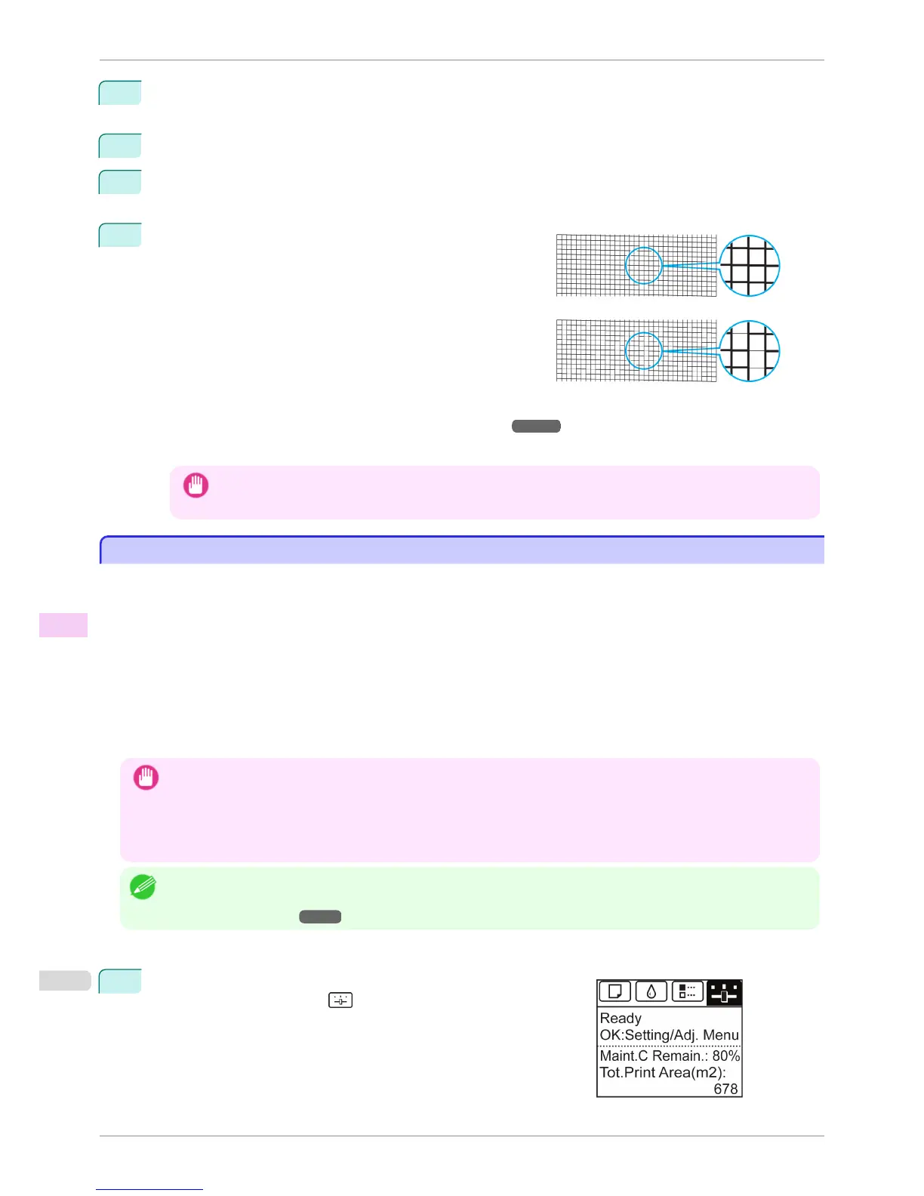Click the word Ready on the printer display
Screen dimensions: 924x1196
coord(621,1018)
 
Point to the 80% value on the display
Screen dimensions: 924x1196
coord(725,1056)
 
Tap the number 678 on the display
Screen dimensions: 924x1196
coord(725,1089)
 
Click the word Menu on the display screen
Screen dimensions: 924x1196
coord(721,1035)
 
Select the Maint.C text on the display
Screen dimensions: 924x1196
coord(624,1056)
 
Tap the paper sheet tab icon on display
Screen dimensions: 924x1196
coord(614,991)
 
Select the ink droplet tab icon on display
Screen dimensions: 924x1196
coord(651,991)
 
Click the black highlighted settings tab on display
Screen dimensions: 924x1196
coord(724,992)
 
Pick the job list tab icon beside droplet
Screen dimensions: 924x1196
coord(688,991)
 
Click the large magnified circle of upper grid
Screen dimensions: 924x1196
coord(749,266)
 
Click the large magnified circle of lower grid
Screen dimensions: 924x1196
coord(749,351)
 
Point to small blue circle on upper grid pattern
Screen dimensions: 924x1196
coord(644,266)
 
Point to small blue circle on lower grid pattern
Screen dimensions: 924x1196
coord(644,351)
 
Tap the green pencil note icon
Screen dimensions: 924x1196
coord(143,886)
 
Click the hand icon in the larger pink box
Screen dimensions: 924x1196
coord(146,777)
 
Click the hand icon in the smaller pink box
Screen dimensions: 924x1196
coord(196,485)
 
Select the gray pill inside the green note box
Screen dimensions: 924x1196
coord(320,917)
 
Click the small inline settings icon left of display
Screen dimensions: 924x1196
coord(340,1000)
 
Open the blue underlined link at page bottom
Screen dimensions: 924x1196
coord(149,1189)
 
